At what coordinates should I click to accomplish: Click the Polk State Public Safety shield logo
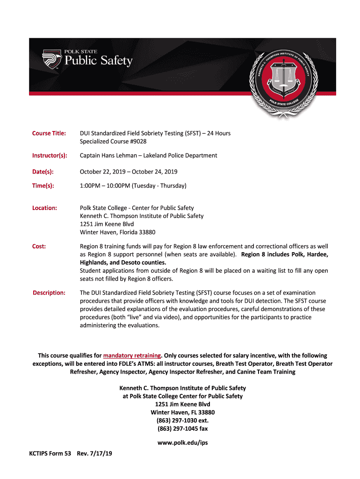point(51,58)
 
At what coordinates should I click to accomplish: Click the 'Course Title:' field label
point(49,133)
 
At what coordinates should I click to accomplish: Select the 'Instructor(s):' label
point(50,155)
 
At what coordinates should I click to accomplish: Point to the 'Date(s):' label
point(43,172)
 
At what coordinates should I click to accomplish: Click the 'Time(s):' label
point(43,186)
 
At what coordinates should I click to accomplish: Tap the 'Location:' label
point(44,208)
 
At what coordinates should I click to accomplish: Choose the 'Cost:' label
point(39,246)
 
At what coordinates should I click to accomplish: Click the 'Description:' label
point(49,293)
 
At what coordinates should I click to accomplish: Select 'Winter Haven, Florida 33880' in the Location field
point(117,232)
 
